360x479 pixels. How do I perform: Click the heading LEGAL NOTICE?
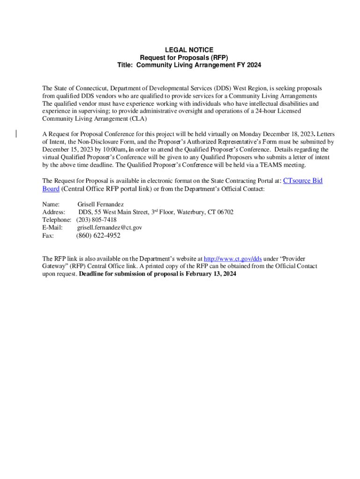coord(189,50)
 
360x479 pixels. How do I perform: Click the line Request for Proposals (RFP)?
coord(189,58)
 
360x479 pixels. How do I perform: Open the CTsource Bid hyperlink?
coord(303,181)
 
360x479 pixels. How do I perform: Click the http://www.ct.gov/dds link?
coord(233,258)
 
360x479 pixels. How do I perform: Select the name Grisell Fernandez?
coord(101,204)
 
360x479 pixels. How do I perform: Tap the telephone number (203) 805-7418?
coord(96,219)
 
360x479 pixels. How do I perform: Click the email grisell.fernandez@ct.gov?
coord(109,227)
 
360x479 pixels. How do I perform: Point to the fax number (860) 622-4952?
coord(98,235)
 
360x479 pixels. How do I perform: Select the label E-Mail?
coord(52,227)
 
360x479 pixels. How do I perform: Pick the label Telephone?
coord(57,219)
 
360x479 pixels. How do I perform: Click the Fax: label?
coord(48,235)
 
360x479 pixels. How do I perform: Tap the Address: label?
coord(54,212)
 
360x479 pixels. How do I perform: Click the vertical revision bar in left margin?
coord(16,134)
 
